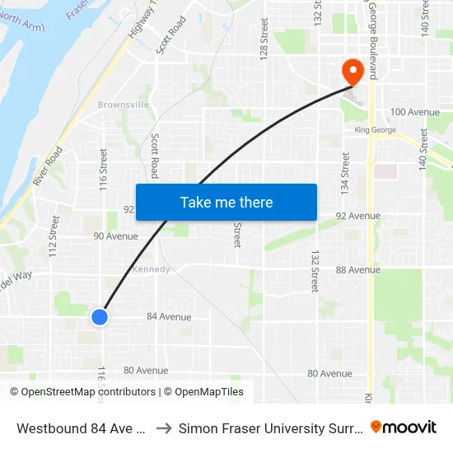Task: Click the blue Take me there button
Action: pyautogui.click(x=226, y=202)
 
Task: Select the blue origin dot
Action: pyautogui.click(x=100, y=316)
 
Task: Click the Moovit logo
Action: pyautogui.click(x=404, y=427)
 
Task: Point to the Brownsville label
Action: pyautogui.click(x=124, y=105)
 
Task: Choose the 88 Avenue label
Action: pyautogui.click(x=358, y=269)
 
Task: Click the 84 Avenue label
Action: pyautogui.click(x=169, y=316)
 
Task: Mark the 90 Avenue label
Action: pyautogui.click(x=116, y=236)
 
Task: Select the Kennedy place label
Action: pyautogui.click(x=152, y=269)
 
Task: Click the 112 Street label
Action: pyautogui.click(x=54, y=236)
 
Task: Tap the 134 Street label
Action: pyautogui.click(x=345, y=175)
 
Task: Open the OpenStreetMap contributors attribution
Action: pyautogui.click(x=88, y=392)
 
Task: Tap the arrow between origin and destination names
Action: pyautogui.click(x=163, y=427)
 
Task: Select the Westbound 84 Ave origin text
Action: pyautogui.click(x=81, y=427)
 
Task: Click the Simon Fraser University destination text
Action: pyautogui.click(x=271, y=427)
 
